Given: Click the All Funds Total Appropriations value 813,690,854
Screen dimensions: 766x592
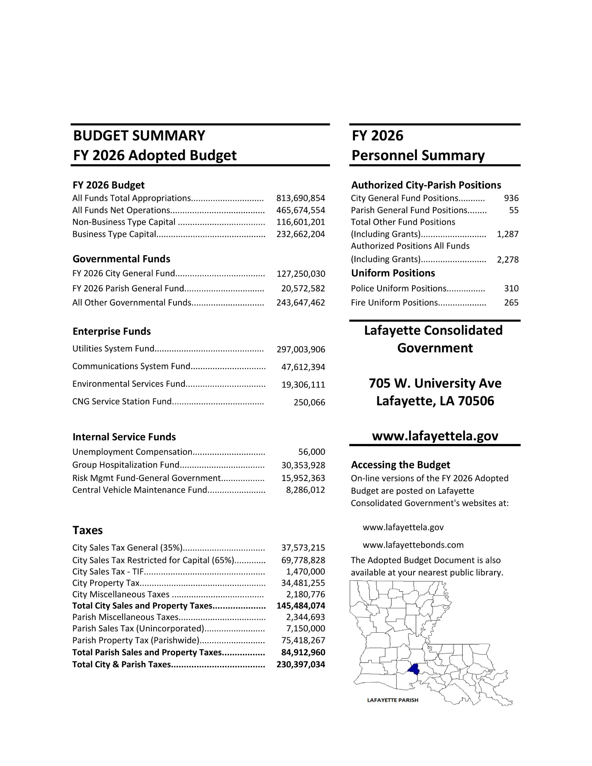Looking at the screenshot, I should click(300, 198).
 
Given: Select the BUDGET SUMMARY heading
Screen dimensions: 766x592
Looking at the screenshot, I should click(139, 135).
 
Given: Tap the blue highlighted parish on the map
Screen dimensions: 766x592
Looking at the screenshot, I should click(413, 669).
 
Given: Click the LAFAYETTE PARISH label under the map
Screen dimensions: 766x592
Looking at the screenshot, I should click(393, 700).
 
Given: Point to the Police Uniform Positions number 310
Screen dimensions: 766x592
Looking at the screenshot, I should click(511, 288).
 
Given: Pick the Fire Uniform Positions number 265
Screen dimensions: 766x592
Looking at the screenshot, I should click(511, 303).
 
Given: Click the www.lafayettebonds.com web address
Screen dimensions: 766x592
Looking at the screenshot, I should click(413, 545).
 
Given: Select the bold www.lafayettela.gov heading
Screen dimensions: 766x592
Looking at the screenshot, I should click(435, 436).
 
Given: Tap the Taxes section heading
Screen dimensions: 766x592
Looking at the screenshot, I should click(88, 530).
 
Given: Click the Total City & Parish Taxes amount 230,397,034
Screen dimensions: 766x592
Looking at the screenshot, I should click(300, 664).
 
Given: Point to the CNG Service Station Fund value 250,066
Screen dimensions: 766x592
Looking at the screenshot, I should click(309, 402).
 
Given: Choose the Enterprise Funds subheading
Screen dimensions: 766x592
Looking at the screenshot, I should click(111, 331).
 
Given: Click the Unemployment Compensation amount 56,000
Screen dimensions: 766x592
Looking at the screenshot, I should click(312, 452).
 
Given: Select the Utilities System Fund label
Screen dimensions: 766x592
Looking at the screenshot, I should click(113, 349).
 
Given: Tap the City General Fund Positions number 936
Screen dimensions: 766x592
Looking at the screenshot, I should click(511, 198).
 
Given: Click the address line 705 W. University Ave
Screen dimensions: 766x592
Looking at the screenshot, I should click(435, 383).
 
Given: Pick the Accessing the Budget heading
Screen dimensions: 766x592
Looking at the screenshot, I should click(400, 465).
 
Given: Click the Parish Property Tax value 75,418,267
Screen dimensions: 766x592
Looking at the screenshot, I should click(303, 640).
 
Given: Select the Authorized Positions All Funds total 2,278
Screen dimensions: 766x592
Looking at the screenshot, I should click(507, 260).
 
